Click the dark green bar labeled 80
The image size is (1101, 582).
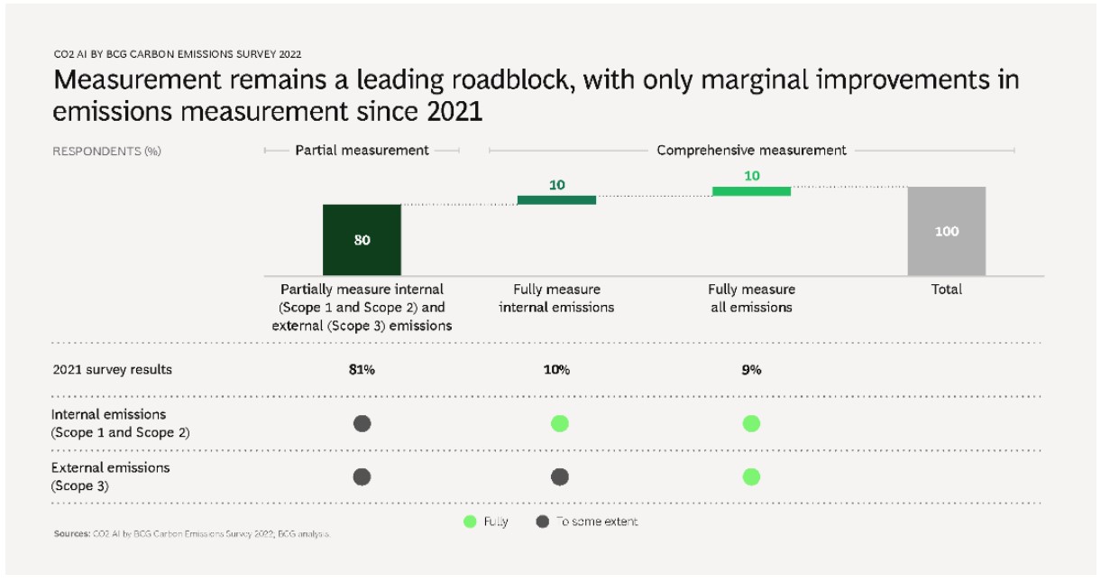pos(362,239)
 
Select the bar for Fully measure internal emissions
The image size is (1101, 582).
pos(556,199)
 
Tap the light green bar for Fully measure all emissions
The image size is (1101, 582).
pos(751,191)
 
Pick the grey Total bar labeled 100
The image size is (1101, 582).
pos(946,231)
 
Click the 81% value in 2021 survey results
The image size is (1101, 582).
pos(362,370)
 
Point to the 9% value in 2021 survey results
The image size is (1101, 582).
pos(751,370)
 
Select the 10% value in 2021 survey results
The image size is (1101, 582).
pos(556,370)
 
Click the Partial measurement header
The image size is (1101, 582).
pos(362,151)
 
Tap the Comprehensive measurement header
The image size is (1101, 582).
pos(751,151)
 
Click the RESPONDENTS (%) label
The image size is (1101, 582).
pos(106,152)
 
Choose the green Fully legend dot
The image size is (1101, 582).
pos(469,522)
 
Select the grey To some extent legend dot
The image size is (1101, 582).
pos(542,522)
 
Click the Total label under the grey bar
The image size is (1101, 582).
pos(947,290)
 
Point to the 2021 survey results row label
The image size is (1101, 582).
pos(112,370)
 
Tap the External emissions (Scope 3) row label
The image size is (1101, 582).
pos(110,476)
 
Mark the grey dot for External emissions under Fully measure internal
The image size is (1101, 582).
pos(559,476)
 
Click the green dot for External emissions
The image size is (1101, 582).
pos(751,476)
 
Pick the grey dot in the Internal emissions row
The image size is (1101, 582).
pos(362,423)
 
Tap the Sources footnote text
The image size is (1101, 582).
pos(191,534)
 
